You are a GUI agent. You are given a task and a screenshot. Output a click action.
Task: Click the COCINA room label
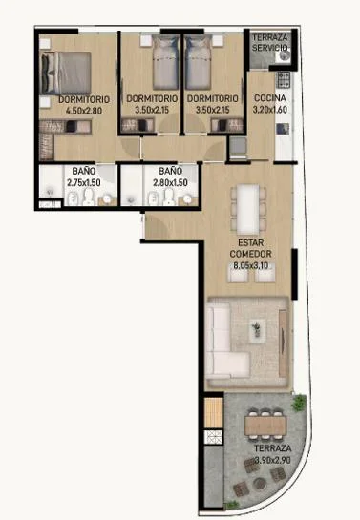tap(269, 98)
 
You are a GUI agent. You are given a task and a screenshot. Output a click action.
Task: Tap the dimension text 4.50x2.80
tap(84, 111)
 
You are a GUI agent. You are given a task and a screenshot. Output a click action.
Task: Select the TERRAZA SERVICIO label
tap(269, 42)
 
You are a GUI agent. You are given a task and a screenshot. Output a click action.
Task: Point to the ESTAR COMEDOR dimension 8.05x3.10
tap(250, 265)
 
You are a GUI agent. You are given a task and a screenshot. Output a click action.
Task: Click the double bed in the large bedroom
tap(66, 73)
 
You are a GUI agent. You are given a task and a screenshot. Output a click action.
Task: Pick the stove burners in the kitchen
tap(284, 79)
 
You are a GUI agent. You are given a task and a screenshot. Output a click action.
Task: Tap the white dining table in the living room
tap(248, 209)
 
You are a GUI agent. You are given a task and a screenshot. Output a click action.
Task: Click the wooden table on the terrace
tap(265, 426)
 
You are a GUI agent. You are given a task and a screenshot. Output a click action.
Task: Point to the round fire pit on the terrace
tap(260, 484)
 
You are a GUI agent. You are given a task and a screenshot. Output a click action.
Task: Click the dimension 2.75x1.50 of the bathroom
tap(84, 182)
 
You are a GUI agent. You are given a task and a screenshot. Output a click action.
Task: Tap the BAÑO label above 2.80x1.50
tap(170, 171)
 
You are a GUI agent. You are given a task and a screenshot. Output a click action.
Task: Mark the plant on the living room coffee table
tap(256, 329)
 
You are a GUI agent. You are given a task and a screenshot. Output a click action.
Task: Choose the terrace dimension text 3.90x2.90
tap(273, 460)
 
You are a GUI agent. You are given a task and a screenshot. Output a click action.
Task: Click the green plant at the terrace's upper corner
tap(299, 403)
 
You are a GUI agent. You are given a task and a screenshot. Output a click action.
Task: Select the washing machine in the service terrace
tap(283, 56)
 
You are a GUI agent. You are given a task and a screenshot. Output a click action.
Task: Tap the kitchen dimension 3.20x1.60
tap(269, 110)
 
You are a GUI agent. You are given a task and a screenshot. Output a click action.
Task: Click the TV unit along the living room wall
tap(283, 343)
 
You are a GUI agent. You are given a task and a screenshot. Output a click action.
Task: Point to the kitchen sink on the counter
tap(283, 129)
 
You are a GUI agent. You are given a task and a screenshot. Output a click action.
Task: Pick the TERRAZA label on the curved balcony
tap(273, 448)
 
